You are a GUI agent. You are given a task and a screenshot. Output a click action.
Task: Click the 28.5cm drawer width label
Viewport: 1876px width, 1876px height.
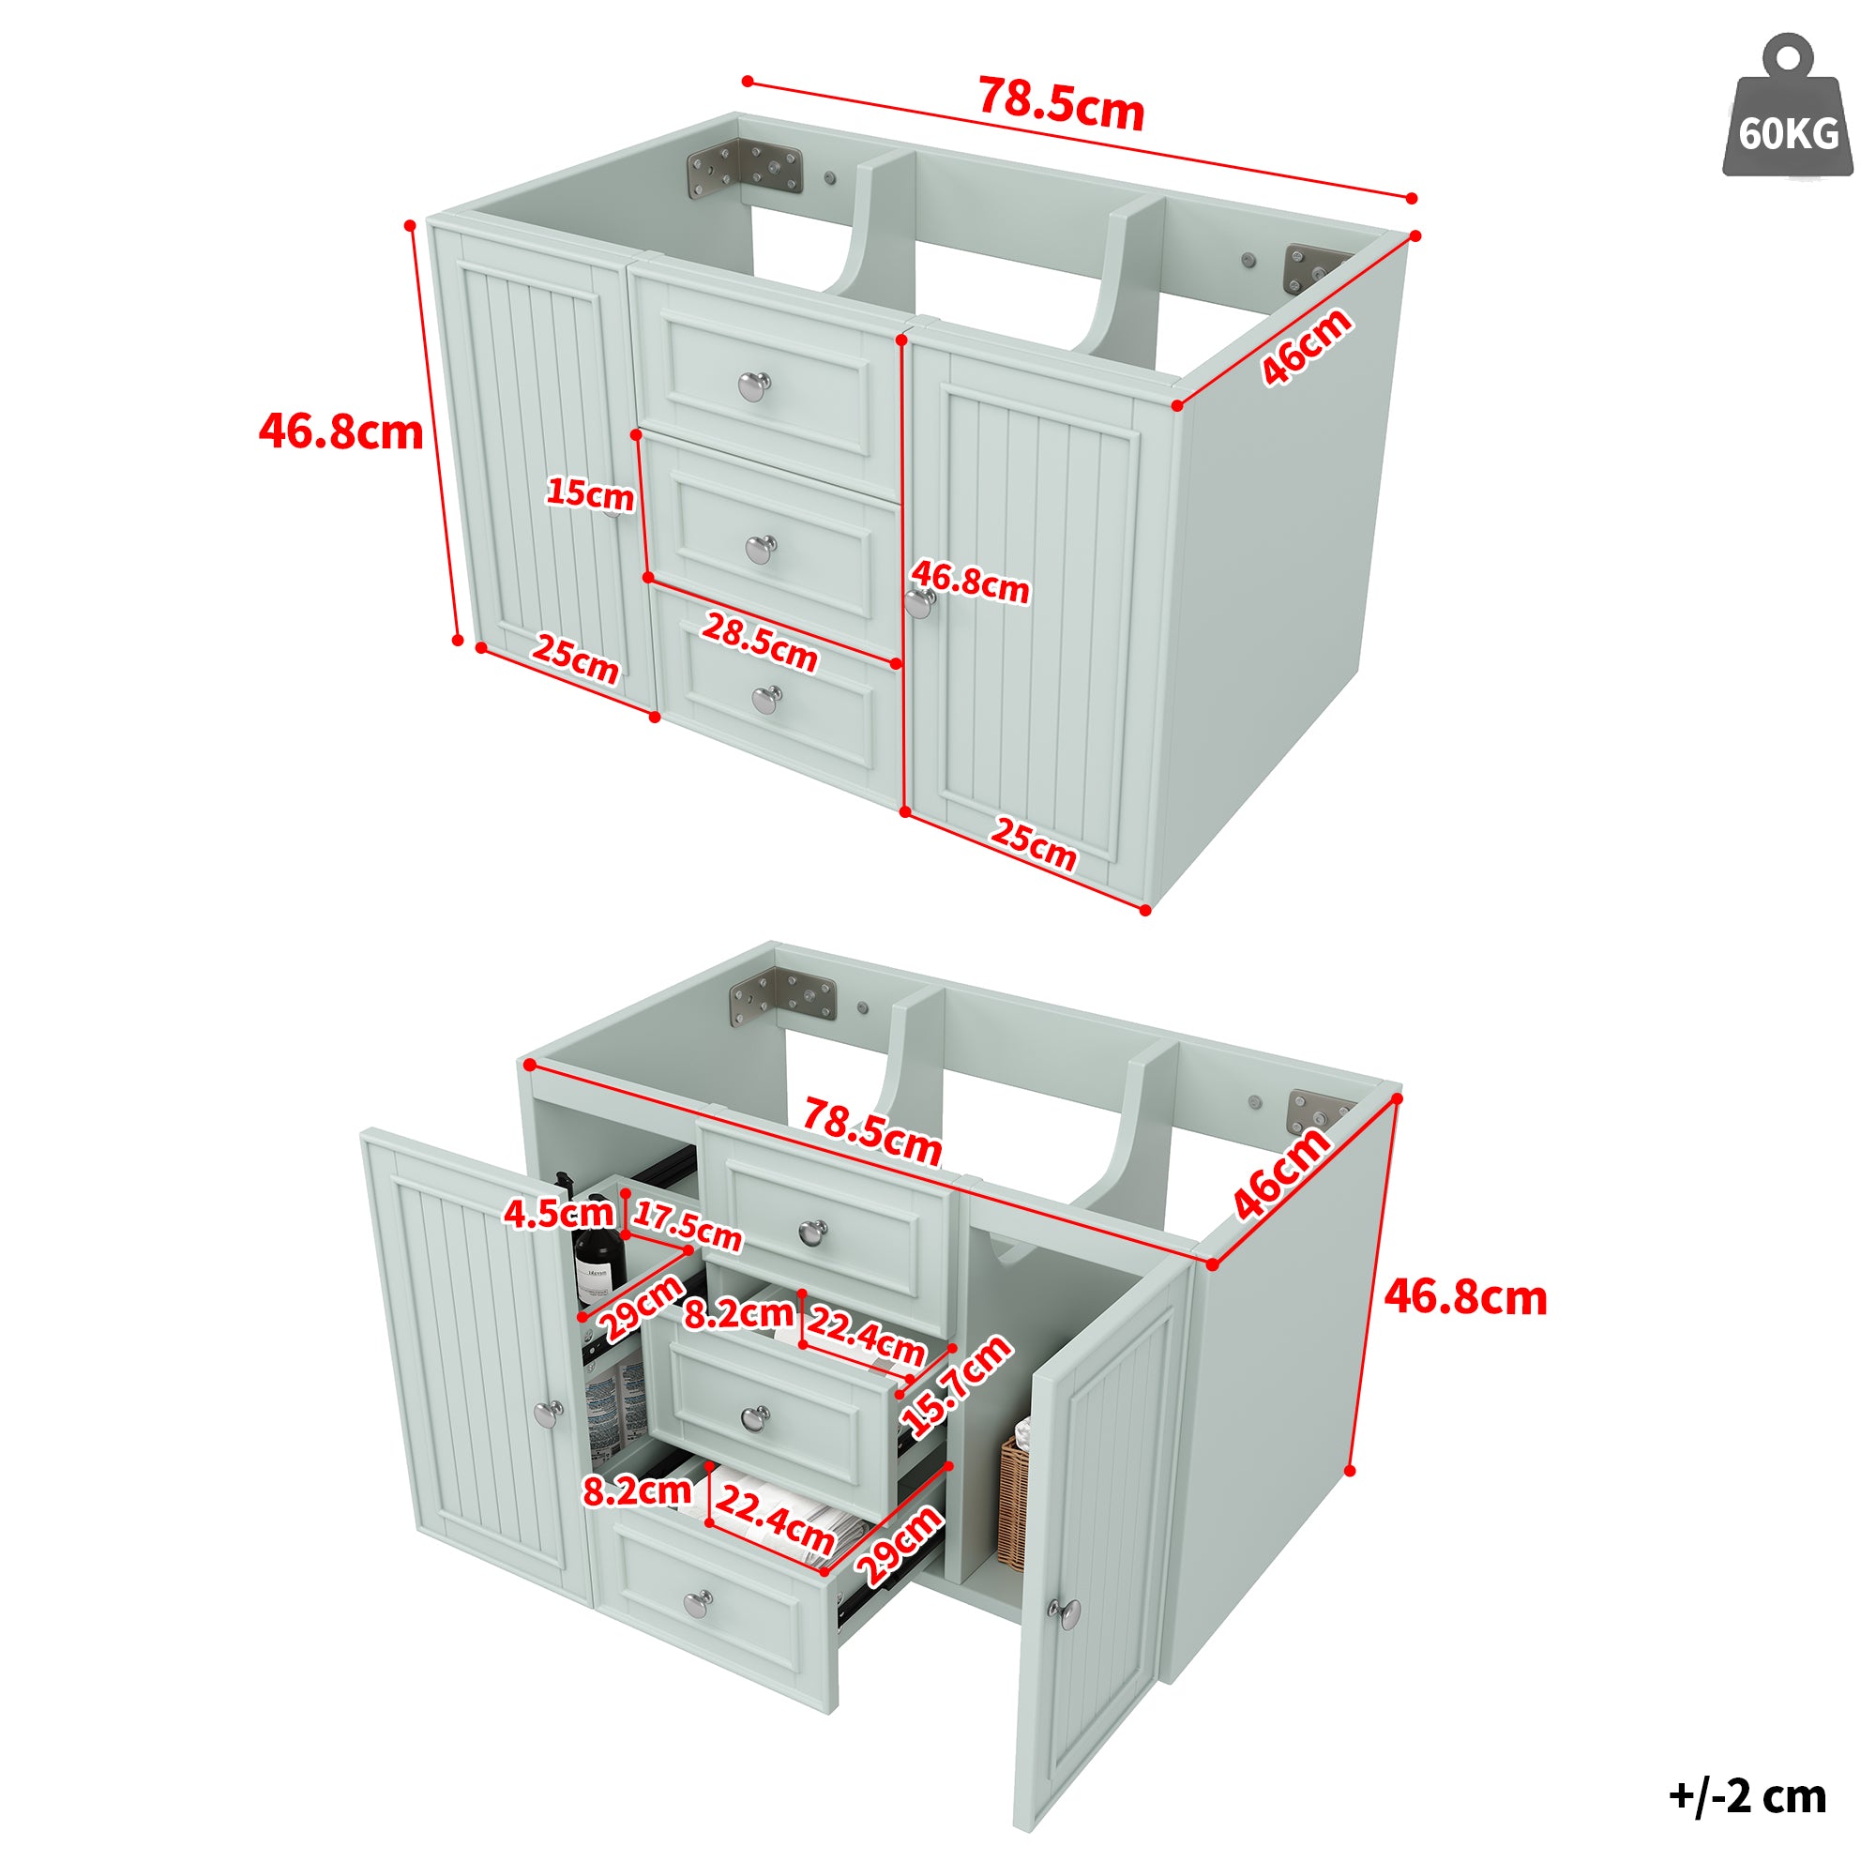(760, 642)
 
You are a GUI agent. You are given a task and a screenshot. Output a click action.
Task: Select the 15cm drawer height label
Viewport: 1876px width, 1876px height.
(589, 493)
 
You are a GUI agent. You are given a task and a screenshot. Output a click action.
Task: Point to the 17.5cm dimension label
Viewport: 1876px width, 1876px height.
(688, 1225)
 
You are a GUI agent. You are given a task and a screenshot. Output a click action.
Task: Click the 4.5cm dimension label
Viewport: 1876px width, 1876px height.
(558, 1213)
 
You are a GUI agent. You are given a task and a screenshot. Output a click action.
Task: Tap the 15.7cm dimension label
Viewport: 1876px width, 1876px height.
(957, 1385)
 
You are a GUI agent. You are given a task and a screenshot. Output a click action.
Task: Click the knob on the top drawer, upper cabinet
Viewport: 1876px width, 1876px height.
(754, 386)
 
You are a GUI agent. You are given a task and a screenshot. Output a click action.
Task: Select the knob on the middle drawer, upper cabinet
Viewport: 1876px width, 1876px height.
(762, 549)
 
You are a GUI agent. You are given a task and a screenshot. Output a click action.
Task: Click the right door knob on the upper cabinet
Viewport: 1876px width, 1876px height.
(919, 604)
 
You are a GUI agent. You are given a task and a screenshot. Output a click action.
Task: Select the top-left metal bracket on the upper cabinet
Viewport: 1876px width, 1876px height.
(745, 169)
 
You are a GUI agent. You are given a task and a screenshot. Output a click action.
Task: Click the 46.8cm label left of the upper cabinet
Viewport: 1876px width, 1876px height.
(340, 431)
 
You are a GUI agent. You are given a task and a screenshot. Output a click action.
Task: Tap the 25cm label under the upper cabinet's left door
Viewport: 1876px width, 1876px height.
(575, 659)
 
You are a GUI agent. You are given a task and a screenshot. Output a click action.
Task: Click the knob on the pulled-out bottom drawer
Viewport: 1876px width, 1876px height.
(698, 1604)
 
